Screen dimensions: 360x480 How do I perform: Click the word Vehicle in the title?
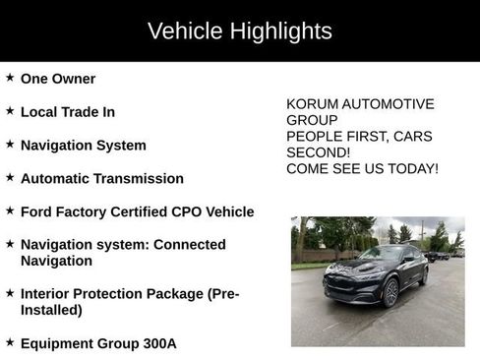[182, 31]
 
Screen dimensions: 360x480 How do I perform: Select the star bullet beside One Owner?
[10, 78]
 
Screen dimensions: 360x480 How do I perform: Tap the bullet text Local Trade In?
[68, 112]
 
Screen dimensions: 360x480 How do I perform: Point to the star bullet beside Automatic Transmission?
[10, 178]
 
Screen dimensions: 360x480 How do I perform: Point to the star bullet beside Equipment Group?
[10, 342]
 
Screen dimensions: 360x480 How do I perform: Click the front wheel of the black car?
[391, 291]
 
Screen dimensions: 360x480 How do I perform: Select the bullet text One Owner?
[58, 79]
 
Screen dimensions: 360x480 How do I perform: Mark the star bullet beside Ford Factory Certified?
[10, 210]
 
